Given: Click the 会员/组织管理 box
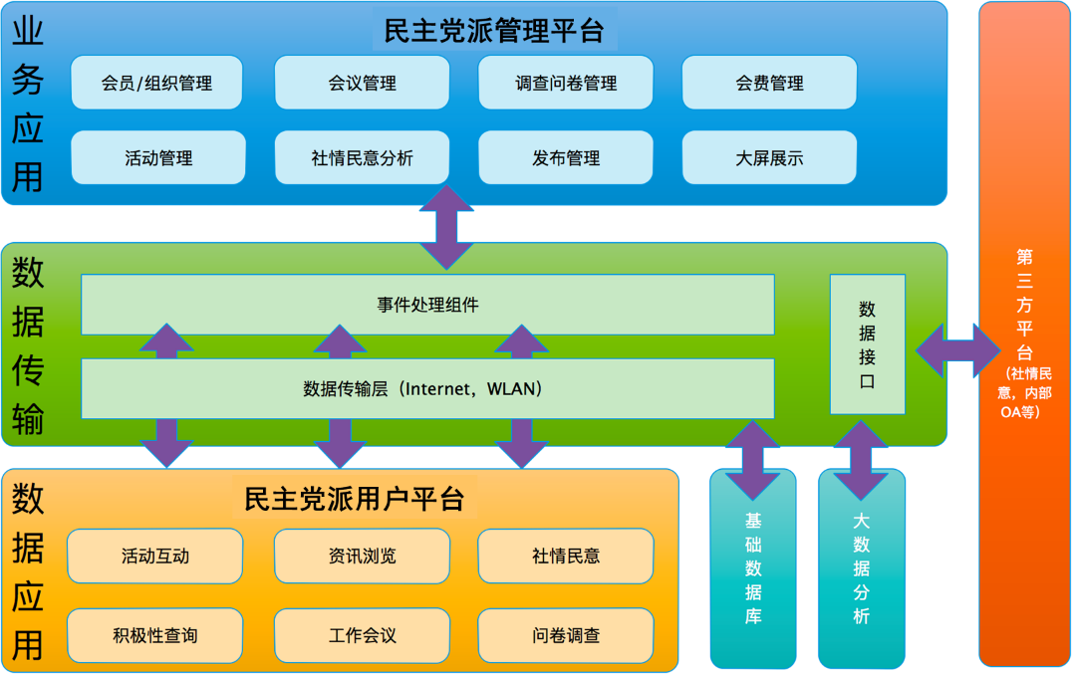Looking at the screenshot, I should click(156, 83).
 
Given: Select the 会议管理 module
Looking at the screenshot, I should click(362, 83).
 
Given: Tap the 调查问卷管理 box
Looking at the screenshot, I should click(566, 83).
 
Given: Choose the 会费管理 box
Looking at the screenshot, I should click(769, 83).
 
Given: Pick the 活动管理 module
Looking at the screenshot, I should click(158, 157).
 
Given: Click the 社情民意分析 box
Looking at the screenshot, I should click(362, 157).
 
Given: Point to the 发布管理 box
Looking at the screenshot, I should click(566, 157).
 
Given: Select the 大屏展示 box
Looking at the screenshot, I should click(769, 157).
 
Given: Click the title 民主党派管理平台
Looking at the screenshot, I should click(494, 30).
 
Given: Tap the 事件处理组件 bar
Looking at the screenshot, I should click(427, 305).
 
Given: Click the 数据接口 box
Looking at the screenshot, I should click(867, 344).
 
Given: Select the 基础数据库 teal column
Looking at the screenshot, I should click(753, 568).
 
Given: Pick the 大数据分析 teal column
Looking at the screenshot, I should click(862, 568).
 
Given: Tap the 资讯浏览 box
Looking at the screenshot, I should click(362, 556).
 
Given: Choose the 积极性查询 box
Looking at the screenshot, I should click(155, 635).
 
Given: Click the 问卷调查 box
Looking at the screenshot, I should click(566, 635).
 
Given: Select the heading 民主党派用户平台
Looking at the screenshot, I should click(355, 497).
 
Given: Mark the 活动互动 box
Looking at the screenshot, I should click(155, 556).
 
